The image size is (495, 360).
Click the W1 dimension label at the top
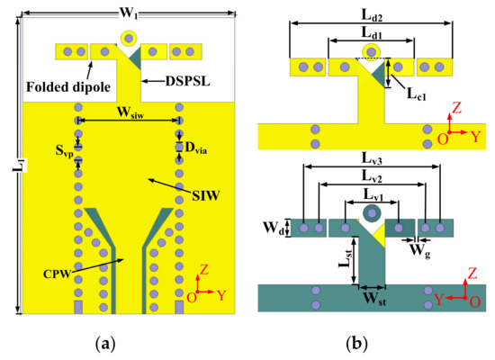tap(128, 10)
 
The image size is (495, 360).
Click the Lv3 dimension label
tap(372, 158)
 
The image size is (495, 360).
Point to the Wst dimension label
tap(371, 293)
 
